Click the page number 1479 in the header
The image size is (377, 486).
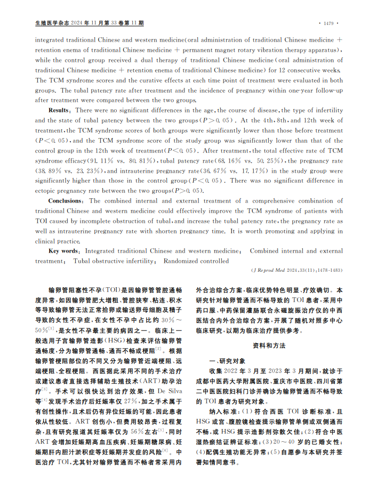328,23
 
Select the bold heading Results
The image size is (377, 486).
59,110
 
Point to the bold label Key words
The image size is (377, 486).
63,250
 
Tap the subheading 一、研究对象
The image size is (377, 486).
213,360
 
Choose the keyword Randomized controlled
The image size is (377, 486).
196,261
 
